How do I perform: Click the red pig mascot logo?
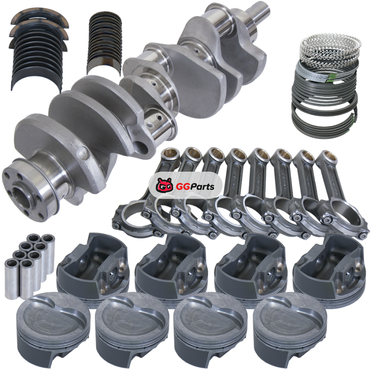point(164,186)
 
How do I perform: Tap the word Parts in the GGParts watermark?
point(202,186)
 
